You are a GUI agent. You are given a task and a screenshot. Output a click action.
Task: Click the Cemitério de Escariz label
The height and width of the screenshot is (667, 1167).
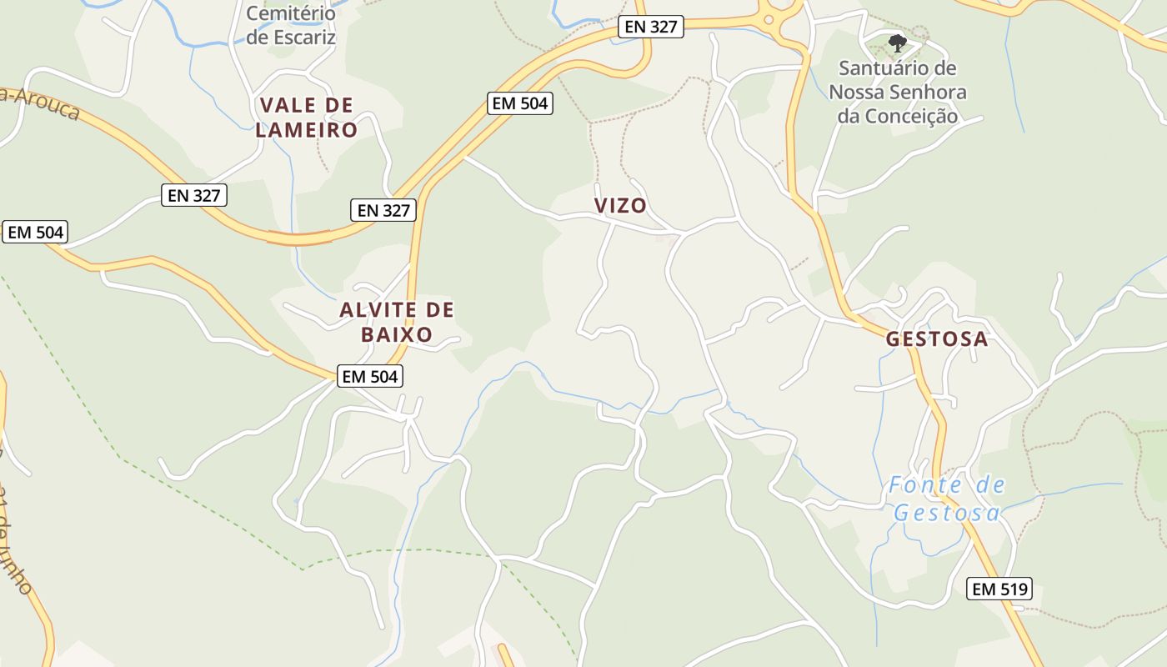(x=291, y=26)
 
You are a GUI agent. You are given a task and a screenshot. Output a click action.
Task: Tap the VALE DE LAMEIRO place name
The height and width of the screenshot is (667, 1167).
(x=306, y=118)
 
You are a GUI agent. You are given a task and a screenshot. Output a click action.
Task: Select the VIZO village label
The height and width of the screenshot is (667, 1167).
(x=620, y=205)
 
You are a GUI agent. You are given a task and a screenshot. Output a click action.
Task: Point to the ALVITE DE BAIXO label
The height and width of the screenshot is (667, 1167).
(x=397, y=322)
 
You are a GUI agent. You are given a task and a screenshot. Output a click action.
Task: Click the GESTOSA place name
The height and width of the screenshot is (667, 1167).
(x=937, y=339)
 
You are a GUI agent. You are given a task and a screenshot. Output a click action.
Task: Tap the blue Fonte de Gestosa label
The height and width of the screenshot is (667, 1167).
(x=947, y=499)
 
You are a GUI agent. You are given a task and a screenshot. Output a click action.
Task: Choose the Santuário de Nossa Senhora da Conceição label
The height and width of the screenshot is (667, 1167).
(x=898, y=92)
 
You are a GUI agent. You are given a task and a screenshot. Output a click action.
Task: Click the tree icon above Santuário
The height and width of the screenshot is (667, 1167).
(x=897, y=43)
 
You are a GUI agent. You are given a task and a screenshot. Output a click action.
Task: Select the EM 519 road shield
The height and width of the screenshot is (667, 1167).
(x=1000, y=589)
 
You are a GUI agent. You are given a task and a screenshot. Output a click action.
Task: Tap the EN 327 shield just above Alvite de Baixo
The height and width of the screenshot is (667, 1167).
(x=383, y=210)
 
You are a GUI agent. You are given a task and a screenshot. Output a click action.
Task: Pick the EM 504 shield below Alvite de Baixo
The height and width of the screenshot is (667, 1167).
(x=370, y=376)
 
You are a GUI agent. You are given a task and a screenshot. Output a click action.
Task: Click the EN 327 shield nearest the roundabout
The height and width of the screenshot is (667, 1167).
(x=652, y=27)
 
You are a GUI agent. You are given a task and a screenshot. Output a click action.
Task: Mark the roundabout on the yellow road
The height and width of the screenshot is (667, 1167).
(x=769, y=18)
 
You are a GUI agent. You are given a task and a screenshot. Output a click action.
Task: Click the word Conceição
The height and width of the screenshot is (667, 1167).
(x=898, y=116)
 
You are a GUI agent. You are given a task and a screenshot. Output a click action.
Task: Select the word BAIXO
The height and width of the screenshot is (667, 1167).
(x=397, y=334)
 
